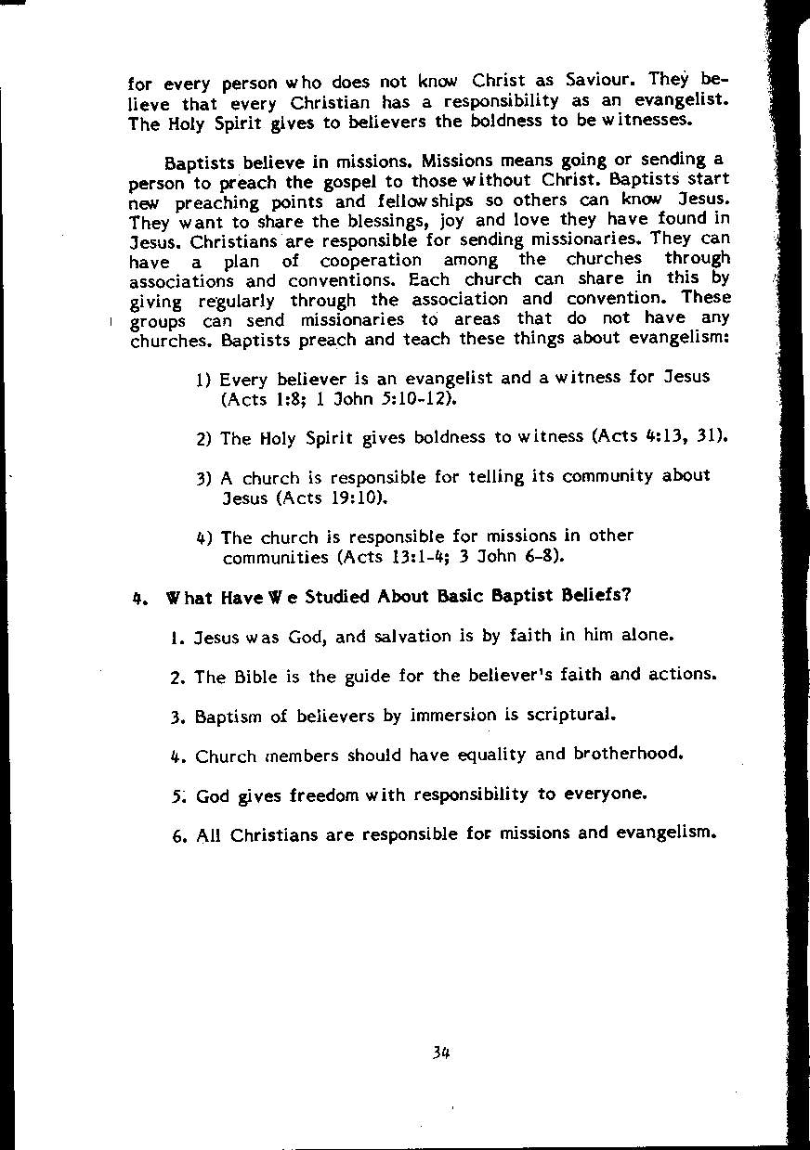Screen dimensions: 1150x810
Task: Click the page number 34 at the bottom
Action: click(x=440, y=1053)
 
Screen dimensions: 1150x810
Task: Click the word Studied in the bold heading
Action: click(x=335, y=596)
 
